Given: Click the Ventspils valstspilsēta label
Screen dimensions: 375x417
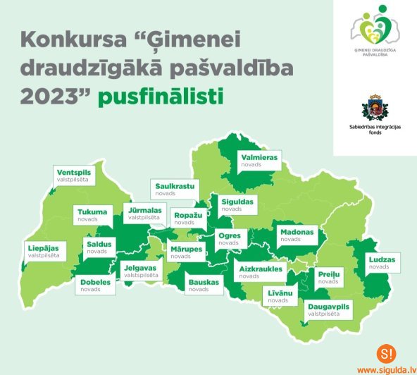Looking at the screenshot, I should (x=73, y=175).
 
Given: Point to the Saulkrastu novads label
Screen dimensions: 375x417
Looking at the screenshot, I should (x=175, y=188).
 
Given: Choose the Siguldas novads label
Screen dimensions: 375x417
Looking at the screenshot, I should (x=236, y=204).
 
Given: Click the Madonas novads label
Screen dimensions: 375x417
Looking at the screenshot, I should (x=297, y=235).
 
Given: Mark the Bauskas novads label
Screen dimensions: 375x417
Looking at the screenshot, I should (x=203, y=285).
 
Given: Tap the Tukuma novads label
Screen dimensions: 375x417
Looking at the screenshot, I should (x=92, y=215).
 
